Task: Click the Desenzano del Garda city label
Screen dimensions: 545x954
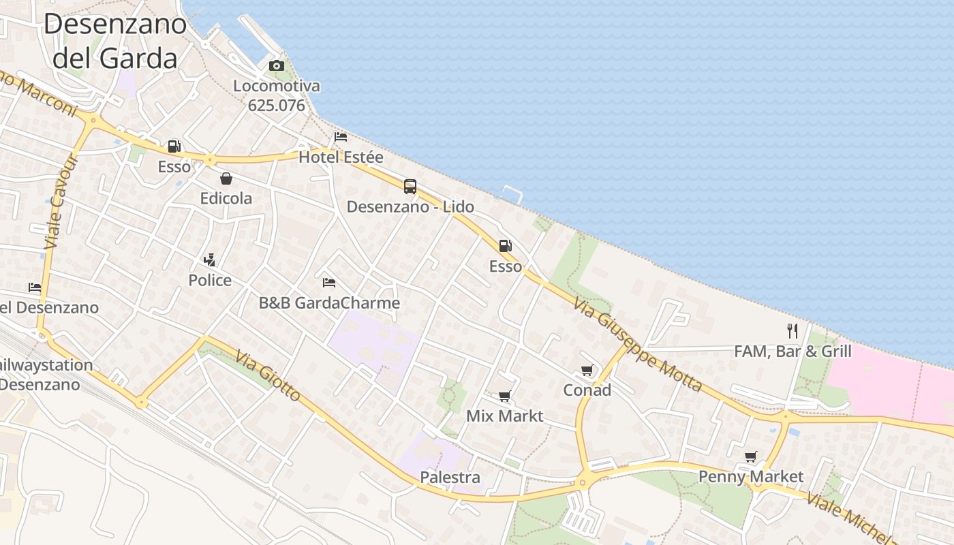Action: point(114,41)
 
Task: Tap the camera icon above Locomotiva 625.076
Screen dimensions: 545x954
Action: point(276,66)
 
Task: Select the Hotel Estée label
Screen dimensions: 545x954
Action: point(341,157)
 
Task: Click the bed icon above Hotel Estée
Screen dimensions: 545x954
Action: point(341,137)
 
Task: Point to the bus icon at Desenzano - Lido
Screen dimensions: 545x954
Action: point(410,187)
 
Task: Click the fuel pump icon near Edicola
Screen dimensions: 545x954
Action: point(174,146)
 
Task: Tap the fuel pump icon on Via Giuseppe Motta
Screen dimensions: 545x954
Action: point(505,246)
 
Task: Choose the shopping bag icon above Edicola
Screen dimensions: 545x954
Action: point(226,178)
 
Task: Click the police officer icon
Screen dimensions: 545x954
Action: point(210,260)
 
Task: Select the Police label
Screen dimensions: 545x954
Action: point(210,281)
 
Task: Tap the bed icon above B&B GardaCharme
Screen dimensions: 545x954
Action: point(329,282)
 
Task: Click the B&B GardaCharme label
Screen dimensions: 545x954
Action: point(329,303)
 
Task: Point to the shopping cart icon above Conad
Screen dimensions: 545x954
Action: point(587,371)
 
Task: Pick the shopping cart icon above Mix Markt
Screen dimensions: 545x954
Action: point(505,396)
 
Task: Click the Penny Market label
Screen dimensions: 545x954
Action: point(751,477)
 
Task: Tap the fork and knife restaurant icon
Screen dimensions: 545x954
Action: point(793,331)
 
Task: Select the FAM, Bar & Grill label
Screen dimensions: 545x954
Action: point(793,352)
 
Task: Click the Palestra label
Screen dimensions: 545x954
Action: point(450,478)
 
